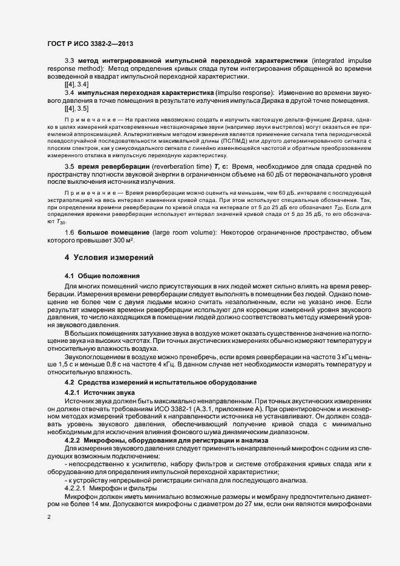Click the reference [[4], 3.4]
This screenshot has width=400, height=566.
pyautogui.click(x=77, y=85)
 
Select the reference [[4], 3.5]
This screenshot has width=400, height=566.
pyautogui.click(x=77, y=109)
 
